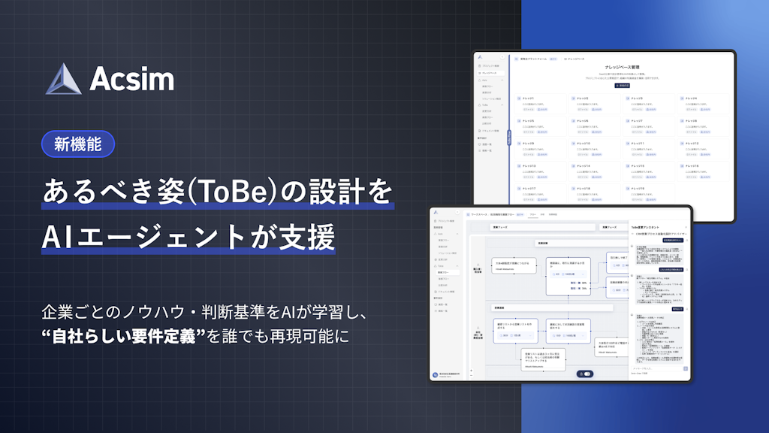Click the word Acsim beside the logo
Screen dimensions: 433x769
point(131,79)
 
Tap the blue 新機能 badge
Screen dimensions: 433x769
point(78,143)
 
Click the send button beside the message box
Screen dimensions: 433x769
point(685,368)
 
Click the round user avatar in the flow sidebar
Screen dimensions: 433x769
point(436,375)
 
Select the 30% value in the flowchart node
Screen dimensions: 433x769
point(584,283)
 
